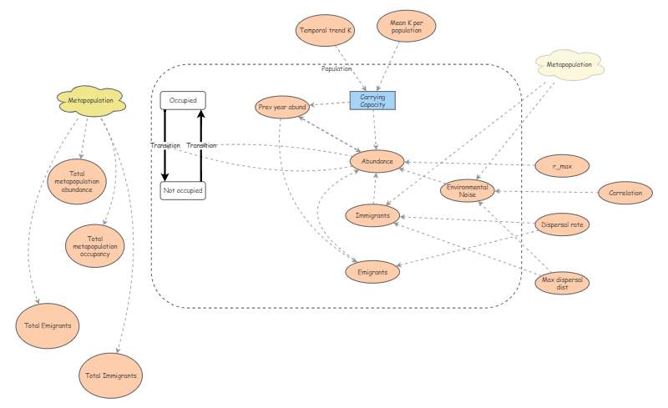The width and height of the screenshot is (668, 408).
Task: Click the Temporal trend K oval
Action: (326, 31)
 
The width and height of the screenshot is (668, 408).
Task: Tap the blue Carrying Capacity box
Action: (372, 100)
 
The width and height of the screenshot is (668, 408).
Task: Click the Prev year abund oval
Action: (283, 107)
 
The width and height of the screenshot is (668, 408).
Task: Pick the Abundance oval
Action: (377, 160)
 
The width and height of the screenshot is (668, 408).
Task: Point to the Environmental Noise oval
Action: (468, 190)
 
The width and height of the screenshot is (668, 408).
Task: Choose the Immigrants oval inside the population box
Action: (373, 214)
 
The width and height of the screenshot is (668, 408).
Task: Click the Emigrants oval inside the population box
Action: (372, 271)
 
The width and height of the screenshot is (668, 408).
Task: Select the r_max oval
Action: (561, 165)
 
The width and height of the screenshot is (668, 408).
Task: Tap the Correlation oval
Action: (625, 193)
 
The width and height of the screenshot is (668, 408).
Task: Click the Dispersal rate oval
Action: (562, 224)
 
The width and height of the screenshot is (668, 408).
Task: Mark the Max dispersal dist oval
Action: (562, 284)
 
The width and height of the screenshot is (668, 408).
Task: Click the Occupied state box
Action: (183, 100)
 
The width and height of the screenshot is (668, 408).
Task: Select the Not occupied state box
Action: (182, 190)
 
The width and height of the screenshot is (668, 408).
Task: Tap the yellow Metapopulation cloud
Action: (91, 101)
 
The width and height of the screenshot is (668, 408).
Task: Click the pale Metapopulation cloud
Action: (569, 65)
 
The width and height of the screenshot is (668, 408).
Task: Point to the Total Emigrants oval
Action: (48, 325)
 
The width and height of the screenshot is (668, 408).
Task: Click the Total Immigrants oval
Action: (110, 375)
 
